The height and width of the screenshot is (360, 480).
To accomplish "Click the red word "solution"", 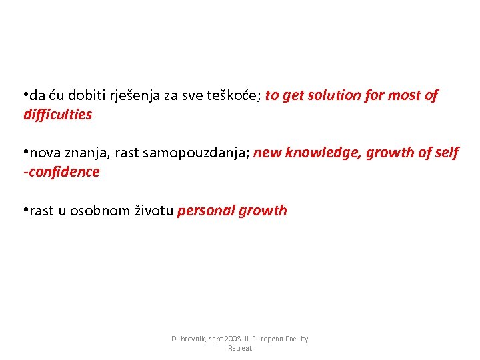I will (x=335, y=96).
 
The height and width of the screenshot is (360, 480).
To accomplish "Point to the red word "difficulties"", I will (x=57, y=115).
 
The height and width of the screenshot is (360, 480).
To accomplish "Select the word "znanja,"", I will (x=89, y=153).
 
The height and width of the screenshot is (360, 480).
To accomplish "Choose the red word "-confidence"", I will (x=61, y=172).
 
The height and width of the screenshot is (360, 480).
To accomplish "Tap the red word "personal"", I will (x=204, y=211).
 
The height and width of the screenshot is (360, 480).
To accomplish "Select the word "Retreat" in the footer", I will (x=240, y=349).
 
